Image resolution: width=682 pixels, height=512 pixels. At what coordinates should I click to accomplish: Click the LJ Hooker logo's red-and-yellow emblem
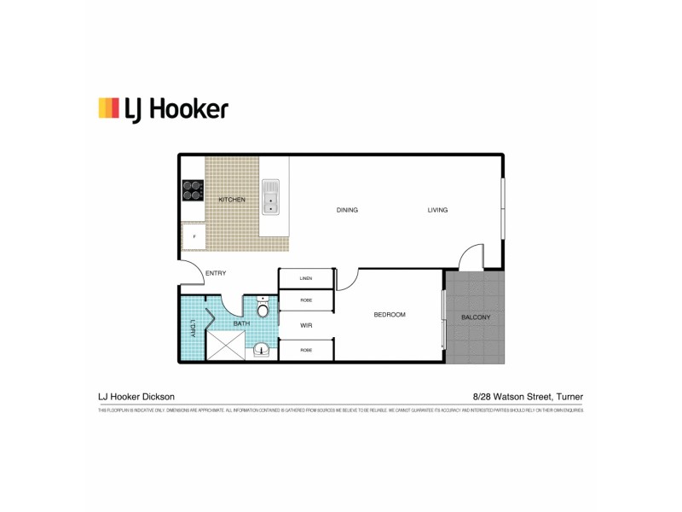tap(108, 108)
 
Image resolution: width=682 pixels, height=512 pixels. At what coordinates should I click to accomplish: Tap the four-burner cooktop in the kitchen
tap(193, 189)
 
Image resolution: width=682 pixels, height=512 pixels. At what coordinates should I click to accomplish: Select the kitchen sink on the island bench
tap(271, 196)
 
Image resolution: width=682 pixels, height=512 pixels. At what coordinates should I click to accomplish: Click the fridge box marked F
tap(194, 236)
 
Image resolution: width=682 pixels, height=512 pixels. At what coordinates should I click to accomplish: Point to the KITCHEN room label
tap(232, 200)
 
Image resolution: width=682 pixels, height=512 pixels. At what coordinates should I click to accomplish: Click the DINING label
tap(347, 210)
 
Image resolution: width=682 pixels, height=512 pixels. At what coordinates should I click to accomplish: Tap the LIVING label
tap(437, 210)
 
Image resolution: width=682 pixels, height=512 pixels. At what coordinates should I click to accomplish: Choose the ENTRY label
tap(216, 273)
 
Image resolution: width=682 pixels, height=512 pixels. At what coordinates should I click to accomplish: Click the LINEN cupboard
tap(306, 279)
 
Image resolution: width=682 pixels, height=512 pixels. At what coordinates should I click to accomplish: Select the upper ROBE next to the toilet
tap(306, 300)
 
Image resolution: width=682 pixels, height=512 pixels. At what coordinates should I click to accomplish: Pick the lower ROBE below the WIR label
tap(306, 350)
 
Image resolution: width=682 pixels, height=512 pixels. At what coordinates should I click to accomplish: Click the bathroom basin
tap(261, 348)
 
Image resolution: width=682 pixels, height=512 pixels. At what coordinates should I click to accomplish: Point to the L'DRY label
tap(193, 328)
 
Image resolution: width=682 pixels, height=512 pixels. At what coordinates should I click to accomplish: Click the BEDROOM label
tap(390, 315)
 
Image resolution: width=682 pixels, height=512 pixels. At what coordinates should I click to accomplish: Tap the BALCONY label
tap(475, 317)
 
